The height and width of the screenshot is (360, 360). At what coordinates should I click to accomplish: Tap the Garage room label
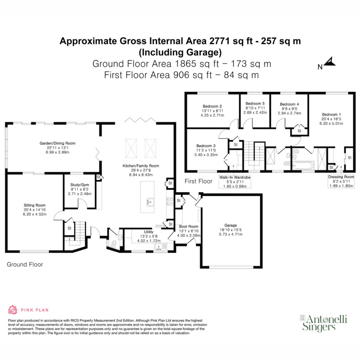[231, 225]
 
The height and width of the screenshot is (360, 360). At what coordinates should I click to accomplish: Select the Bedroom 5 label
[255, 104]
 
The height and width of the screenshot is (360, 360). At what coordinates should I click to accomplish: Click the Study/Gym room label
[79, 185]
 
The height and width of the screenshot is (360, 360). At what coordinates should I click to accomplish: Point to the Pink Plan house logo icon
[13, 310]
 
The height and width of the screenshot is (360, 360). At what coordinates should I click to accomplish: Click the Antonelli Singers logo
[324, 323]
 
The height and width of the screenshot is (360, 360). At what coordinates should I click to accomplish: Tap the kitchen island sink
[150, 202]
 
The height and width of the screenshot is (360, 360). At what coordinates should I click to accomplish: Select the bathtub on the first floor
[303, 166]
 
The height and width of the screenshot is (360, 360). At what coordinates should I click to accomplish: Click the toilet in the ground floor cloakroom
[113, 244]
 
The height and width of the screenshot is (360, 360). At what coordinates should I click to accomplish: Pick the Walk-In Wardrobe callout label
[234, 182]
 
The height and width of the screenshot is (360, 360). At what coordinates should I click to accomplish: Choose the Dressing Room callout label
[341, 181]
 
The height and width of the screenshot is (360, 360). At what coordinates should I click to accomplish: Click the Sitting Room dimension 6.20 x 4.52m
[34, 214]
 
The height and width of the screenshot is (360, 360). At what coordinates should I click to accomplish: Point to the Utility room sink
[159, 247]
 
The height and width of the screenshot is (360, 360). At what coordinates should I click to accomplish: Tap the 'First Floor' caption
[198, 181]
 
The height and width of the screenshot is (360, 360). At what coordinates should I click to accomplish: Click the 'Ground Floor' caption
[25, 264]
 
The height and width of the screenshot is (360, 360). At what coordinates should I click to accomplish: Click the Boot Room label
[188, 226]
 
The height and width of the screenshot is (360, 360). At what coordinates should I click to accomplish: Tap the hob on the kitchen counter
[170, 201]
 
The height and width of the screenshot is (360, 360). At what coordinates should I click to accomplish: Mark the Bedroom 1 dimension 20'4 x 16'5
[331, 119]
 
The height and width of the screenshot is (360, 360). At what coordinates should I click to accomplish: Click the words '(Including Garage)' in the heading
[180, 52]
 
